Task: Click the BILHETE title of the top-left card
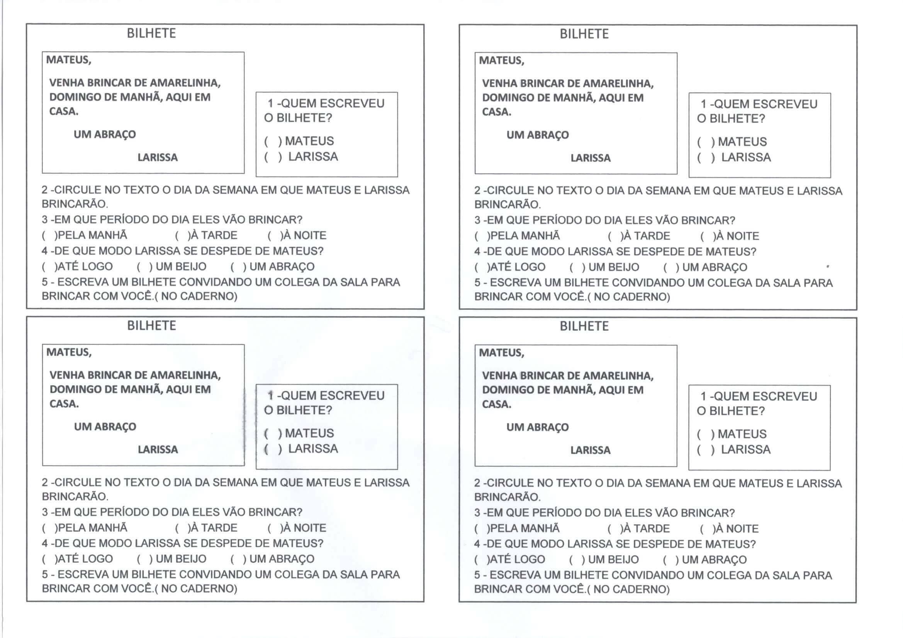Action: coord(151,34)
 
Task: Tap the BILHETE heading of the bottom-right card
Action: coord(584,326)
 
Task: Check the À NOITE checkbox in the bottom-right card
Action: coord(707,529)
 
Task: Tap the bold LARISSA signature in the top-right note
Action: coord(590,158)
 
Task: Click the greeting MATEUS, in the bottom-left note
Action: coord(69,352)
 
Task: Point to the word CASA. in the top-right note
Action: coord(496,112)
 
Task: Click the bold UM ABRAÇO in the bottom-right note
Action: coord(537,427)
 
